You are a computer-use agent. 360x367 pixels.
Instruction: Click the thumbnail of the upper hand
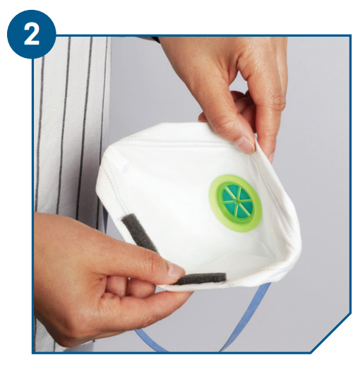[x=245, y=143]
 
